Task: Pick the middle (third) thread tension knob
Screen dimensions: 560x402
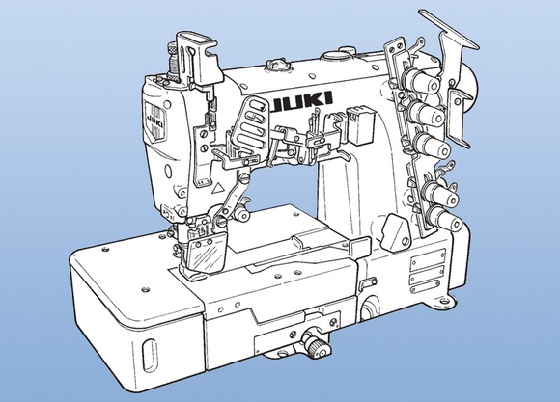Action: point(432,147)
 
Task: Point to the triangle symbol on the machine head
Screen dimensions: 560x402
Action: point(217,188)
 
